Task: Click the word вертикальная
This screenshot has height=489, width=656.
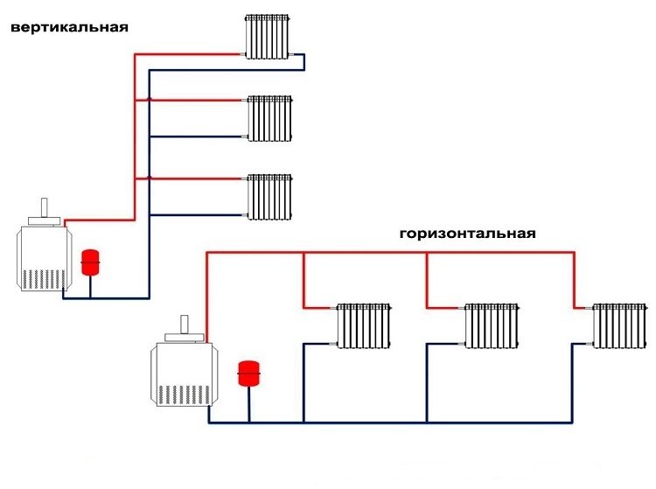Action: [x=69, y=27]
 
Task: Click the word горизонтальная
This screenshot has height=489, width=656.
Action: [x=466, y=234]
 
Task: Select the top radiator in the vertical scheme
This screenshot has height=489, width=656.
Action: [x=268, y=37]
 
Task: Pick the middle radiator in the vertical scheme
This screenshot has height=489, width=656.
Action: [x=269, y=117]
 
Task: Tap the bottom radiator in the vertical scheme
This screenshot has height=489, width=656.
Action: [x=269, y=196]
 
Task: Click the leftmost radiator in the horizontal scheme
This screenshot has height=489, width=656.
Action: [x=363, y=326]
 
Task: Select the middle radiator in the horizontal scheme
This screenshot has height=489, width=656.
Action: [x=491, y=326]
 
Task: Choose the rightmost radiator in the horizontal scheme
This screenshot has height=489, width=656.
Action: [x=619, y=326]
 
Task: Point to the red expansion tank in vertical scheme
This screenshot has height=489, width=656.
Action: [x=89, y=262]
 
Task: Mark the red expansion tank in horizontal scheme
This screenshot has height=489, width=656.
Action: [x=249, y=372]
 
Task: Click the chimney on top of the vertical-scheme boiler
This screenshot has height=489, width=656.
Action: [x=43, y=211]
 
